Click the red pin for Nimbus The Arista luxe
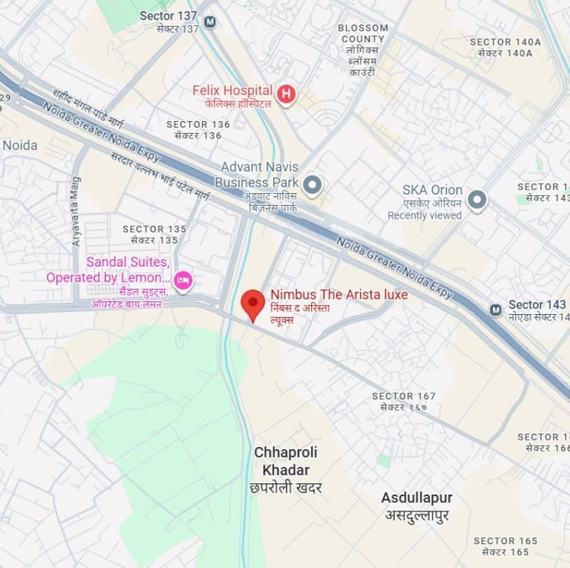[x=252, y=304]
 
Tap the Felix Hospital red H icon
[x=285, y=94]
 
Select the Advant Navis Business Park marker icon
[x=313, y=185]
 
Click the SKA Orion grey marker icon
[x=477, y=201]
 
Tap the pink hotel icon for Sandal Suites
[x=183, y=280]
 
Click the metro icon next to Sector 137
[x=210, y=22]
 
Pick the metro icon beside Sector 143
[x=496, y=309]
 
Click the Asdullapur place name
[x=416, y=498]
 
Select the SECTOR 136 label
[x=198, y=125]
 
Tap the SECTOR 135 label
[x=155, y=229]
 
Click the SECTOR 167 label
[x=404, y=396]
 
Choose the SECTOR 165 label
[x=505, y=541]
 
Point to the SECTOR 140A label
[x=505, y=42]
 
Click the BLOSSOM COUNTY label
[x=362, y=34]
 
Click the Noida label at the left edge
[x=20, y=145]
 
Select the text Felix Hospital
[x=232, y=90]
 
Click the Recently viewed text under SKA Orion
[x=425, y=215]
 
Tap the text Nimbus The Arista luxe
[x=339, y=295]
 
